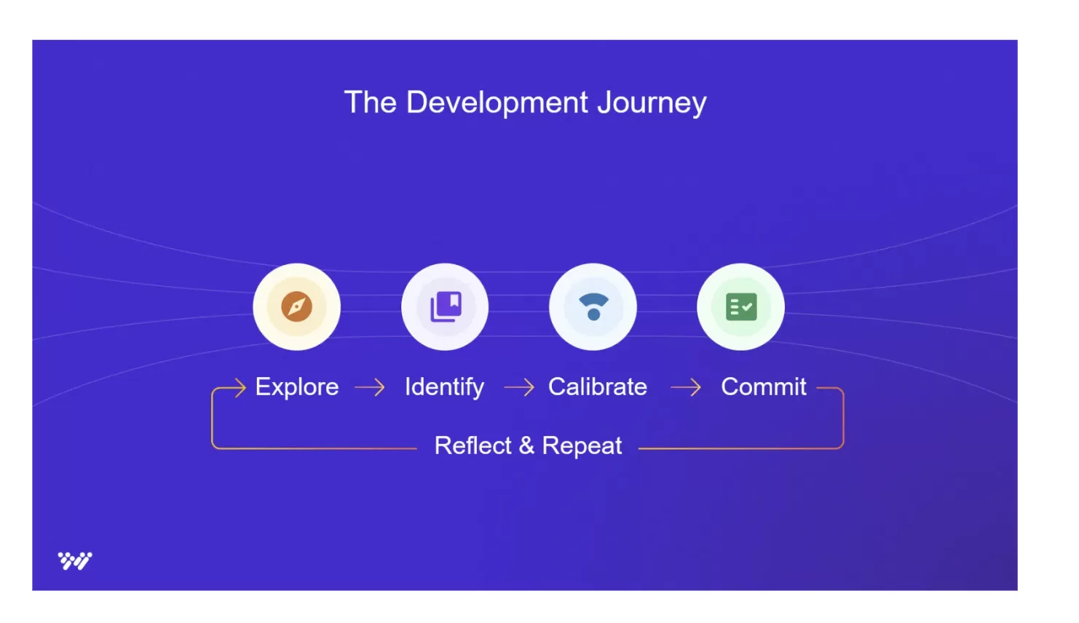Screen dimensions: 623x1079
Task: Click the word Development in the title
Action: [x=497, y=103]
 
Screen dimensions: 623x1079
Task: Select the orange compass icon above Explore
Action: [x=296, y=306]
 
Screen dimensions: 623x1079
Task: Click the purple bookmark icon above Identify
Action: [x=445, y=306]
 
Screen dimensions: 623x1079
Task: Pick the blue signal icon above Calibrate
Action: [x=593, y=306]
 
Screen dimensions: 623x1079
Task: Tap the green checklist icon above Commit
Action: [x=741, y=306]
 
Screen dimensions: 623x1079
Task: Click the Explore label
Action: [x=297, y=386]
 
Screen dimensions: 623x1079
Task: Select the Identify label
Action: [x=444, y=386]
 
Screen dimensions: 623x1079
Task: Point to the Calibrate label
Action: [x=598, y=386]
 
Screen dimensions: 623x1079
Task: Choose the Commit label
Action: [x=764, y=386]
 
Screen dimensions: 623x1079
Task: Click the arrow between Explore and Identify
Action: [x=370, y=387]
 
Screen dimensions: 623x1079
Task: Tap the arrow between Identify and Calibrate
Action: [x=519, y=387]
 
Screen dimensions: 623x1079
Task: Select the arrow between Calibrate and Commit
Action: [x=686, y=387]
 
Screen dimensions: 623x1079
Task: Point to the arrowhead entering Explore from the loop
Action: [x=240, y=388]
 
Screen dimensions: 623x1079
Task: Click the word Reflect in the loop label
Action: [x=473, y=445]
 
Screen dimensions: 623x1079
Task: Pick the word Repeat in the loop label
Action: [x=582, y=445]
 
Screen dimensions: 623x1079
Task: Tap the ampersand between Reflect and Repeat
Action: [x=526, y=445]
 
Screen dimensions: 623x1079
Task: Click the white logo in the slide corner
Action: [x=75, y=560]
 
